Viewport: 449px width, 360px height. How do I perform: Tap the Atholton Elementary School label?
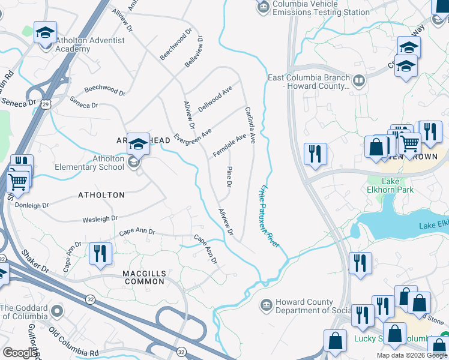click(x=89, y=163)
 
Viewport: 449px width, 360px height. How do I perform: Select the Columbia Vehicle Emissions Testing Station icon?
click(x=262, y=7)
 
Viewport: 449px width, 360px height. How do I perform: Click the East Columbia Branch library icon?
click(x=358, y=81)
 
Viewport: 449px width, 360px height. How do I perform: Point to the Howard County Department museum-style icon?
click(x=265, y=306)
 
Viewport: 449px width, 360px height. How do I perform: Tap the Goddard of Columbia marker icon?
click(x=57, y=311)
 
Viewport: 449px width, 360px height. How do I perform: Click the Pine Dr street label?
click(x=229, y=176)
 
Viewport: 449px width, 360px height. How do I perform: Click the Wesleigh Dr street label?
click(x=100, y=219)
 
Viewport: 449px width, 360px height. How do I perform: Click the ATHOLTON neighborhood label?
click(x=101, y=195)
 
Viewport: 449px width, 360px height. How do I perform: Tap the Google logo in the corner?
click(x=19, y=353)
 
